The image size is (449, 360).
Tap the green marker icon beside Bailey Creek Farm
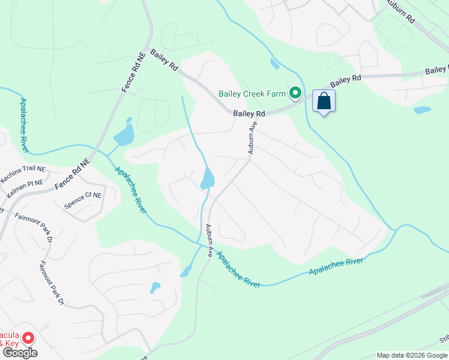(x=295, y=93)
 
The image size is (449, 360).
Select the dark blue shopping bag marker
(x=324, y=101)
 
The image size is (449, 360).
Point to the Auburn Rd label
(x=402, y=11)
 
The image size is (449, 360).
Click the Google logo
(x=19, y=353)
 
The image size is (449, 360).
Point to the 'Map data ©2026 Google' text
(x=412, y=355)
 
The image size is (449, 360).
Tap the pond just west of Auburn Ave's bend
(x=207, y=178)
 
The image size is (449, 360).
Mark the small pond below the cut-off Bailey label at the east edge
(x=422, y=110)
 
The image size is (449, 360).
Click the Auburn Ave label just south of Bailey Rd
(x=253, y=137)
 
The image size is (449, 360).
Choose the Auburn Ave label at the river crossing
(x=209, y=241)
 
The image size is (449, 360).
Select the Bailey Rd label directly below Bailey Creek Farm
(x=249, y=113)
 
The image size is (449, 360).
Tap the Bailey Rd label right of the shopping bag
(x=346, y=79)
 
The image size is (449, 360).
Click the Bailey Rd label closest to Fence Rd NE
(x=164, y=60)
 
